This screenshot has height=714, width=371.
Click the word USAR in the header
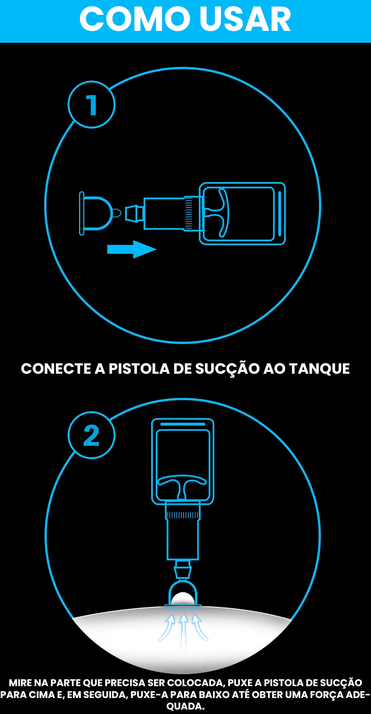click(245, 19)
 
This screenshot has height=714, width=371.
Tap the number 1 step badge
click(91, 105)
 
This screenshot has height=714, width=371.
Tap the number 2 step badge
click(91, 435)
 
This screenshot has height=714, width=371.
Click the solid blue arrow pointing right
click(131, 249)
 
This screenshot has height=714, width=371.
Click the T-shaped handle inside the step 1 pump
click(219, 213)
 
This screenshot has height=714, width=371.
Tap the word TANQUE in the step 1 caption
click(319, 369)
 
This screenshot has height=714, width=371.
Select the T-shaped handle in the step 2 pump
click(182, 483)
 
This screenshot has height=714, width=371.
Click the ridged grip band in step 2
click(183, 515)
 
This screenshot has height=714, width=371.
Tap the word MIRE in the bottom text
click(20, 683)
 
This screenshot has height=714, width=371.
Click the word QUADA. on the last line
click(185, 706)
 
